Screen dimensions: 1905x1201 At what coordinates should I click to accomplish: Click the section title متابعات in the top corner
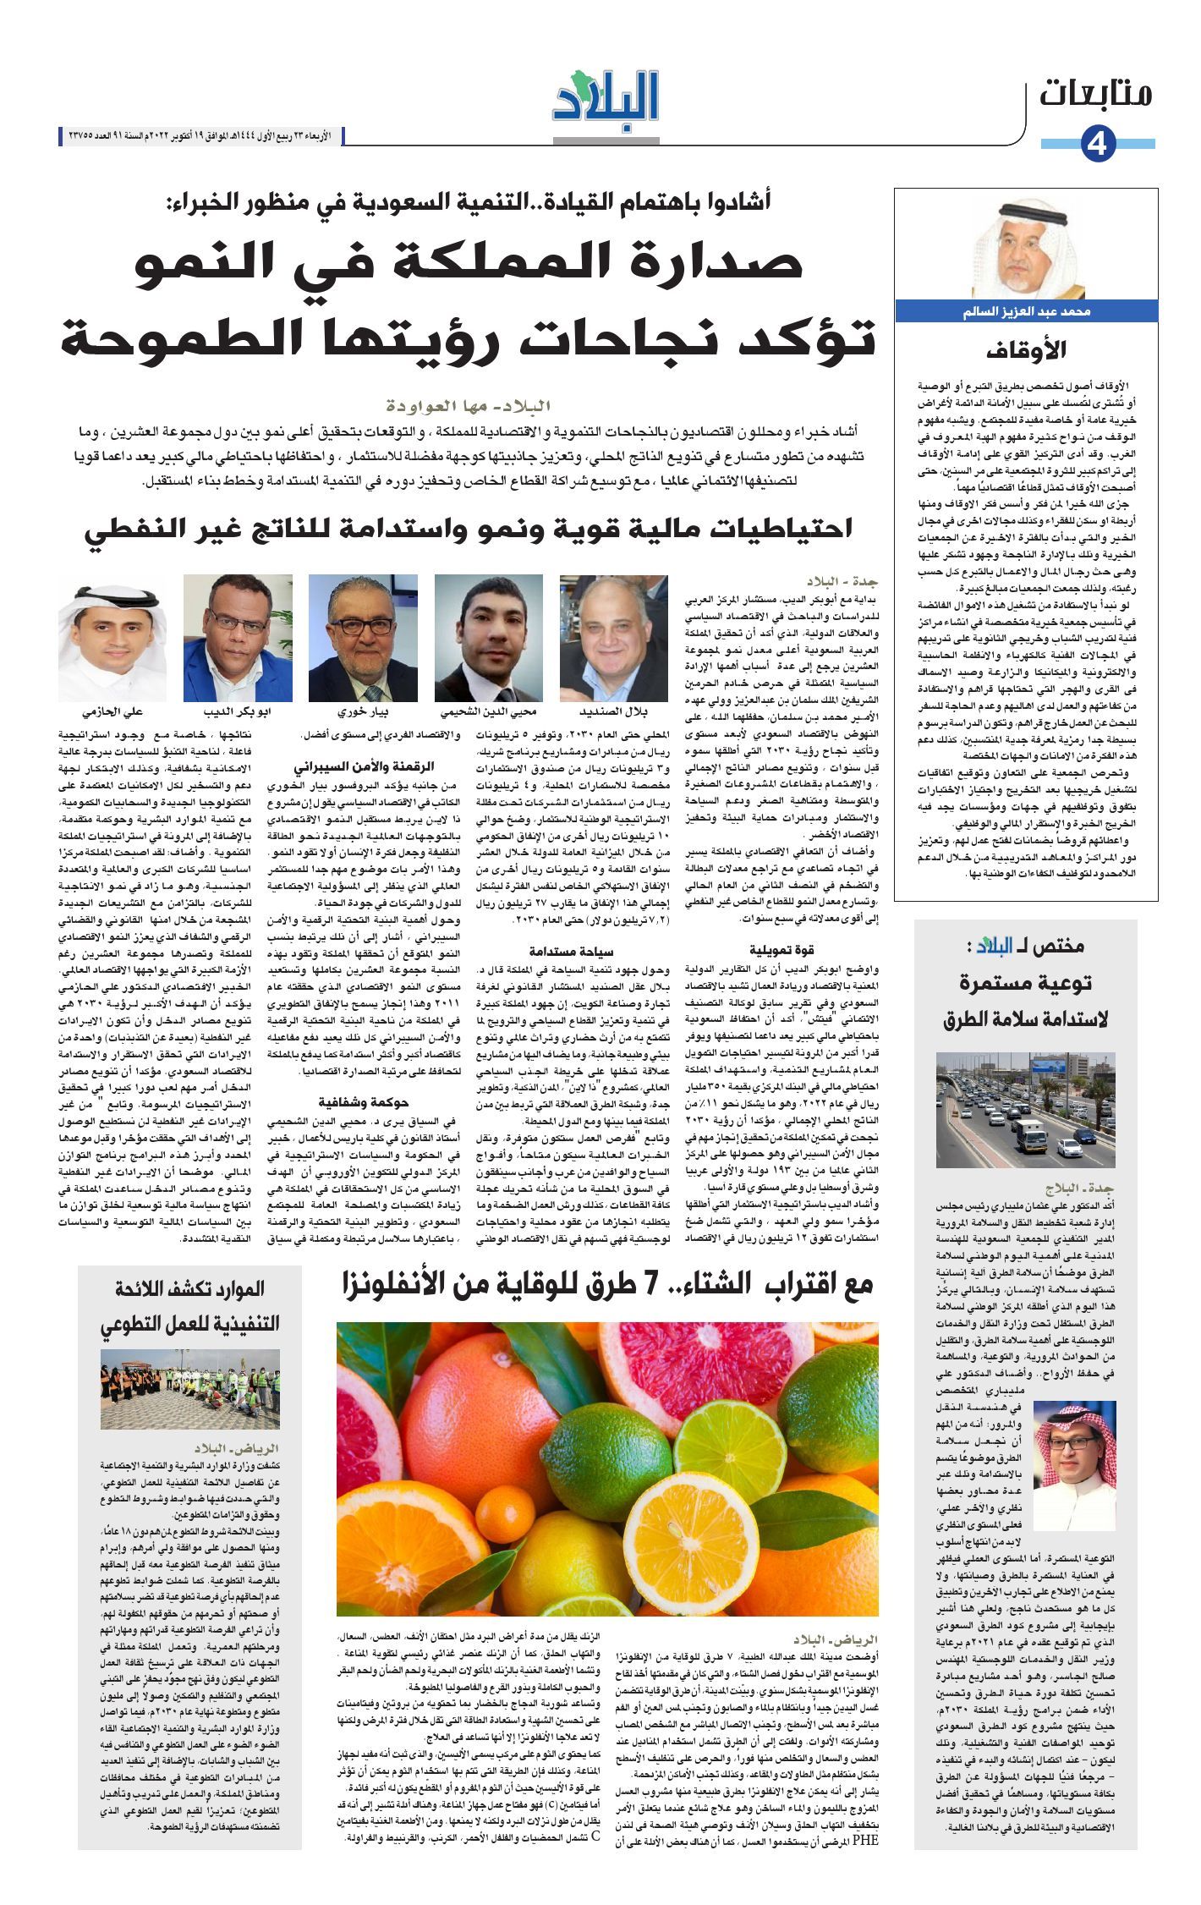coord(1096,94)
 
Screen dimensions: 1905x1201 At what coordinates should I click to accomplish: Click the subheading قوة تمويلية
coord(782,949)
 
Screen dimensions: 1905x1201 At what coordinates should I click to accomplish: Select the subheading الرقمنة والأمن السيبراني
coord(364,767)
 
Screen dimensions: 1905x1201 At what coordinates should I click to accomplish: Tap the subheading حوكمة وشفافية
coord(364,1102)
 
